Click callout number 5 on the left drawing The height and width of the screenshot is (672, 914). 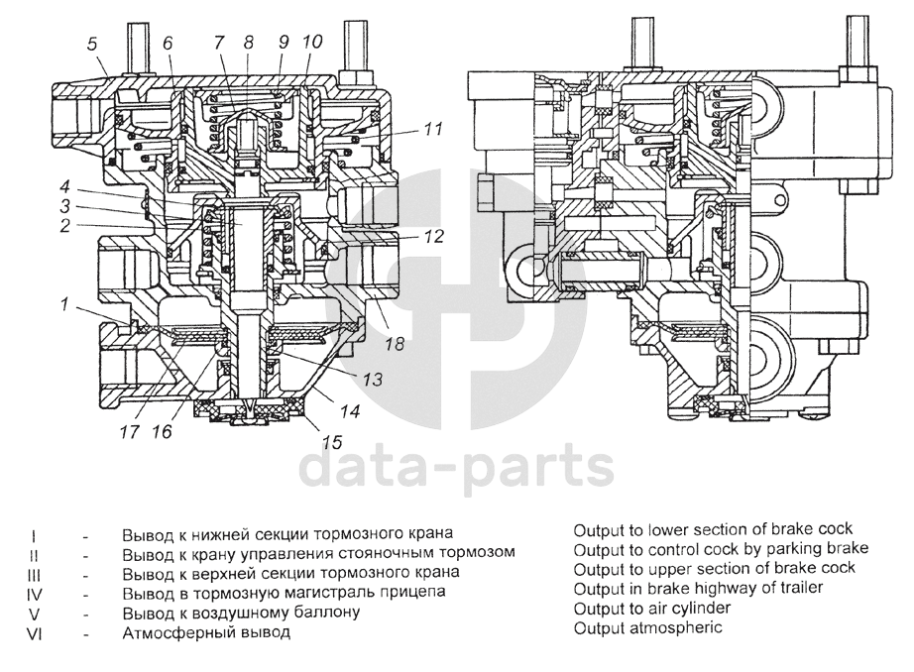click(x=91, y=43)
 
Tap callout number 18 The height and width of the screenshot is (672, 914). click(x=395, y=343)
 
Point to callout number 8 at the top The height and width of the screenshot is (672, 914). click(x=249, y=43)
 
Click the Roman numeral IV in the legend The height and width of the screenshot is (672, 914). click(x=35, y=593)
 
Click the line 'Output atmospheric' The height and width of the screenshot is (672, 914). click(x=646, y=628)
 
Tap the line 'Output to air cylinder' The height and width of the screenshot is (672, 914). click(x=652, y=609)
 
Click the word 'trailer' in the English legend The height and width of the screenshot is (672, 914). click(x=798, y=589)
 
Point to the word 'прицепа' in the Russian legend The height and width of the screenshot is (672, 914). click(x=417, y=593)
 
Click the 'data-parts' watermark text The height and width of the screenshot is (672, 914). click(x=457, y=468)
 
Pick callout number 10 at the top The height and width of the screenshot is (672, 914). click(x=312, y=43)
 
